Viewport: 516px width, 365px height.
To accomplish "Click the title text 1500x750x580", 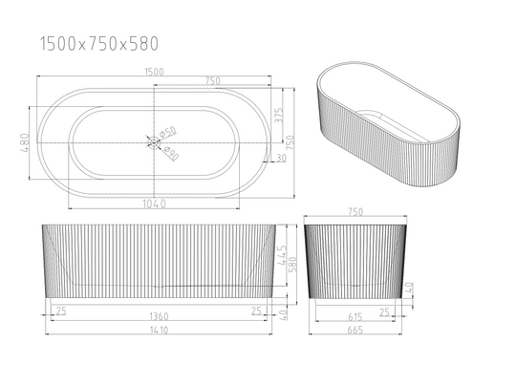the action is coord(99,44).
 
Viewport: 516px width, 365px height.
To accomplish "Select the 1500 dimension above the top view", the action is coord(154,72).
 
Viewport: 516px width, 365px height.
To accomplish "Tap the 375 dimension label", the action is coord(279,116).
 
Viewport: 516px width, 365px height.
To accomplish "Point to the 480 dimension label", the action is coord(26,142).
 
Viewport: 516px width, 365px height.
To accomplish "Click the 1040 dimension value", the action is coord(154,204).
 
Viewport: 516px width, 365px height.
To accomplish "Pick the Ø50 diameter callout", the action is coord(168,132).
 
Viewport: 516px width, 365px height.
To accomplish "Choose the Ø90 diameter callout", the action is coord(171,154).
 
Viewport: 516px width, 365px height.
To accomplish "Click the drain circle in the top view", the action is coord(153,142).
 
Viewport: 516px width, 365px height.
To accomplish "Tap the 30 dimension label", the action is coord(281,158).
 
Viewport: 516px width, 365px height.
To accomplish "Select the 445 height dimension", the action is coord(282,255).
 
